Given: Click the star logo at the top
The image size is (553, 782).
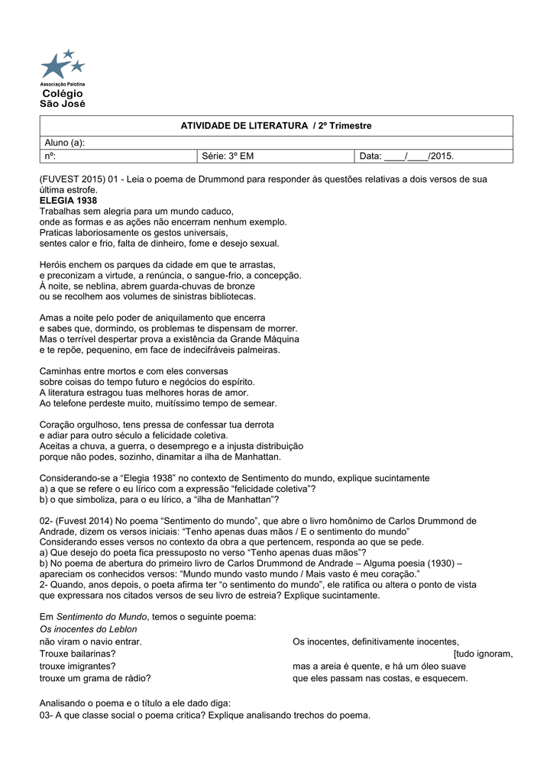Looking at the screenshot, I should tap(62, 64).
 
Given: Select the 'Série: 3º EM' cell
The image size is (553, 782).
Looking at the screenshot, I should tap(228, 157).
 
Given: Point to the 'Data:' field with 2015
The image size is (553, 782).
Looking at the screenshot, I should tap(406, 157).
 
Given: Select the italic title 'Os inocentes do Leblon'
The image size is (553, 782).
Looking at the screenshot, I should tap(88, 629).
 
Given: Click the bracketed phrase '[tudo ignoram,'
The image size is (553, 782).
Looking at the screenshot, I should tap(483, 654).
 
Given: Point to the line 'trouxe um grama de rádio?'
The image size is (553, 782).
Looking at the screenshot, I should tap(95, 678).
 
